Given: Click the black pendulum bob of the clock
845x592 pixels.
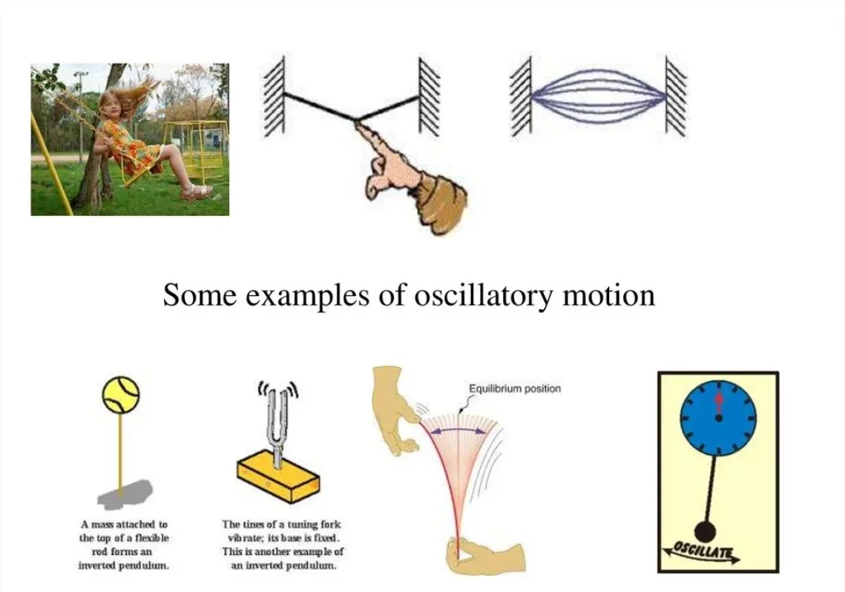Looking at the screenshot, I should tap(705, 531).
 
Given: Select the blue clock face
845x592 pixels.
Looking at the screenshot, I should tap(718, 419).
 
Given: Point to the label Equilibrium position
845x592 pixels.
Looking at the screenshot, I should tap(515, 389).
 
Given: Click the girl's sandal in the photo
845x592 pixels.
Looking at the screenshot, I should tap(195, 193).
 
